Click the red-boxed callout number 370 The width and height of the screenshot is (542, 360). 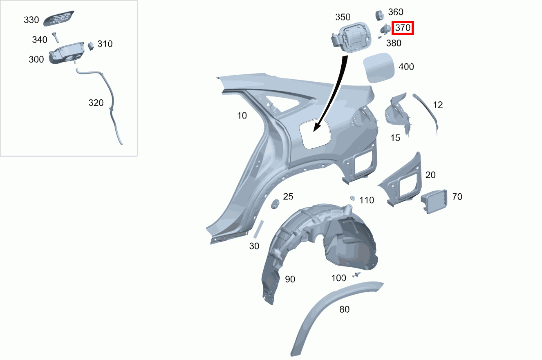tap(403, 28)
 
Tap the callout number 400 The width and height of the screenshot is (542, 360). tap(406, 67)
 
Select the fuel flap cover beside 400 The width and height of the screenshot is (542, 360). tap(379, 68)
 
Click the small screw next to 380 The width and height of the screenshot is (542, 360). tap(380, 38)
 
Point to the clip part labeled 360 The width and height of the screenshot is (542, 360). tap(379, 15)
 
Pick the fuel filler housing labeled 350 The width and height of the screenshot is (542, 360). tap(351, 37)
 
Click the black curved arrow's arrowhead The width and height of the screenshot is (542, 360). tap(318, 126)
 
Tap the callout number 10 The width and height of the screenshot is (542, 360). tap(242, 116)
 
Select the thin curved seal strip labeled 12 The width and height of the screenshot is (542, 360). tap(426, 113)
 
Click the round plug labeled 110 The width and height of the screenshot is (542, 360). tap(352, 198)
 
